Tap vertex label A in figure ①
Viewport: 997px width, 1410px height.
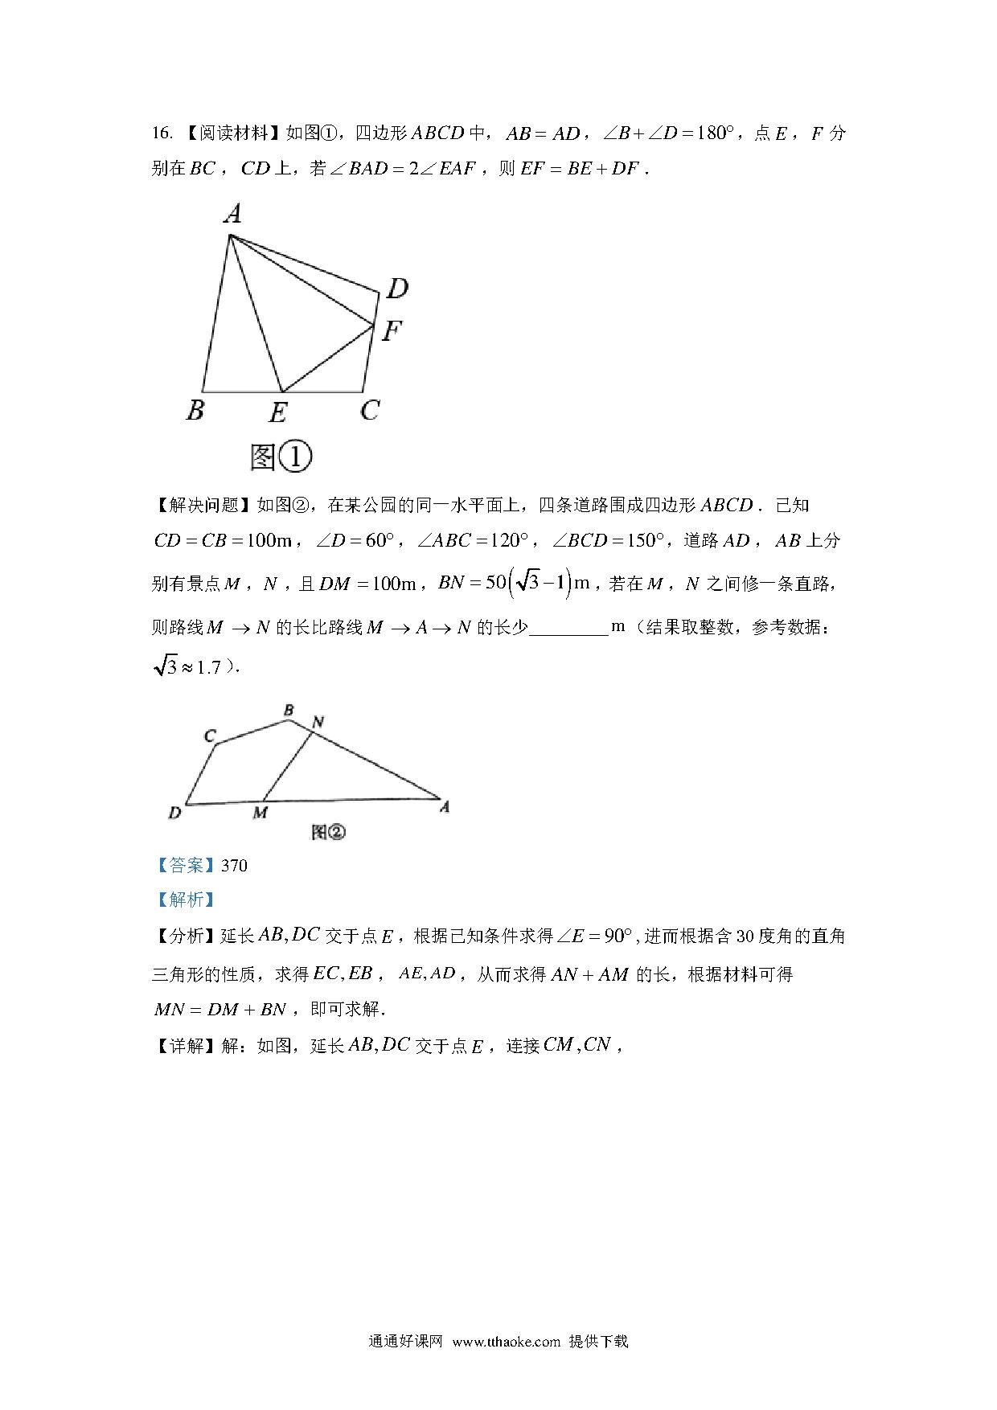point(232,214)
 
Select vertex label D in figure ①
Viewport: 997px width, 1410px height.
point(396,288)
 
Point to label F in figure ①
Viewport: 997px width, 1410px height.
point(392,330)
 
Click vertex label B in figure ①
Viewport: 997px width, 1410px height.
point(195,411)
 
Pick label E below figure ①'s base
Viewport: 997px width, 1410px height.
point(277,413)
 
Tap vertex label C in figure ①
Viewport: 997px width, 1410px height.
point(370,411)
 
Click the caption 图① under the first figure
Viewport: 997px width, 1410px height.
point(281,457)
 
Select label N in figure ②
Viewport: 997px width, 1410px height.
point(318,721)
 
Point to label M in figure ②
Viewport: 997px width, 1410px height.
point(260,813)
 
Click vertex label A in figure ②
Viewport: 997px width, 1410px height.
point(444,807)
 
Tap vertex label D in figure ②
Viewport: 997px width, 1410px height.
point(174,813)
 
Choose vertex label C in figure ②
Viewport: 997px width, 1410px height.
point(210,736)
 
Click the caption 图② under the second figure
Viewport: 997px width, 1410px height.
point(327,833)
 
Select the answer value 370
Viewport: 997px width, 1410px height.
point(234,865)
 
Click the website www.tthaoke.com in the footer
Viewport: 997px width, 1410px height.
point(506,1341)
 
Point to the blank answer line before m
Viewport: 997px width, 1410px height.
point(568,629)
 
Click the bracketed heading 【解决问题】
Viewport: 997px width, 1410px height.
point(203,505)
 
